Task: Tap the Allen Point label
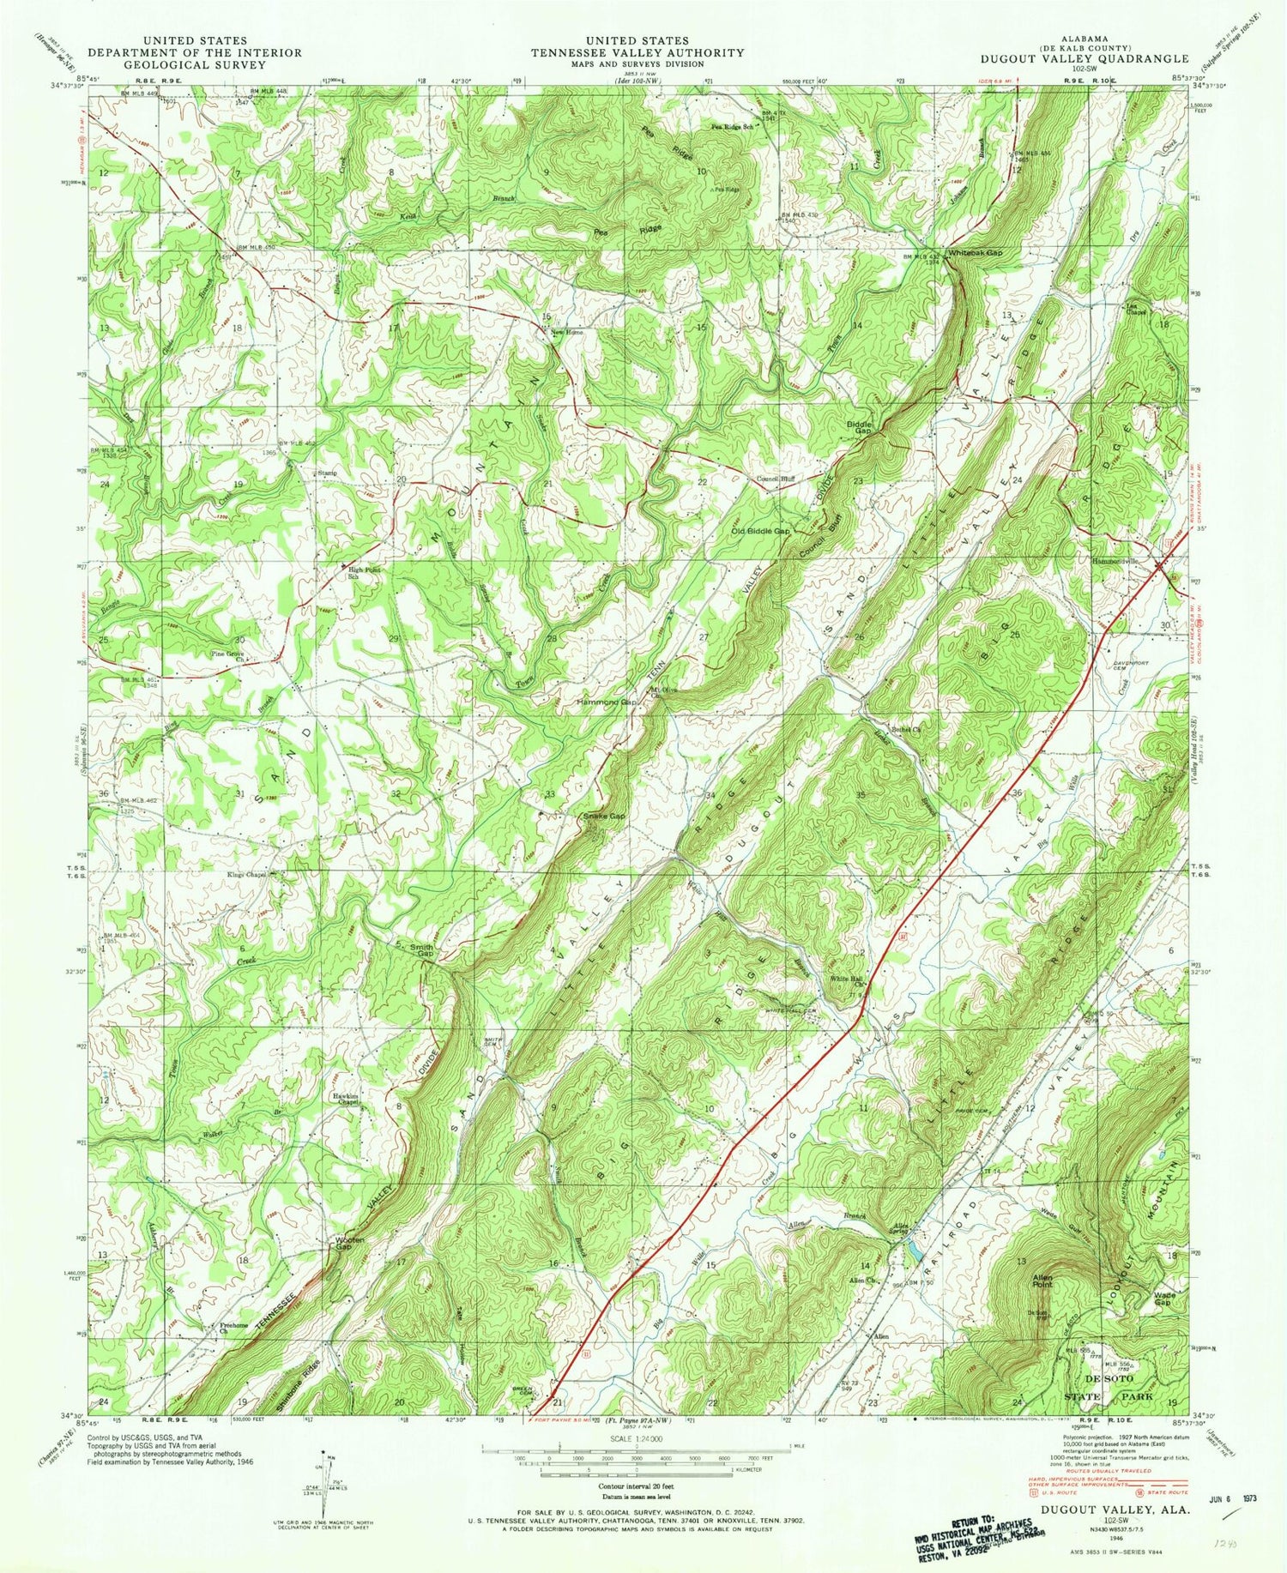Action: [1048, 1282]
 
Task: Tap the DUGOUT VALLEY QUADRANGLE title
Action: [1085, 59]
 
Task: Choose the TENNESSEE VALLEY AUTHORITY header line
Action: [637, 52]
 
